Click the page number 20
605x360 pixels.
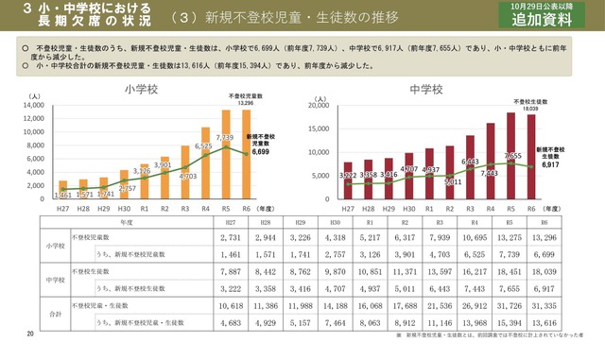(x=30, y=335)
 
